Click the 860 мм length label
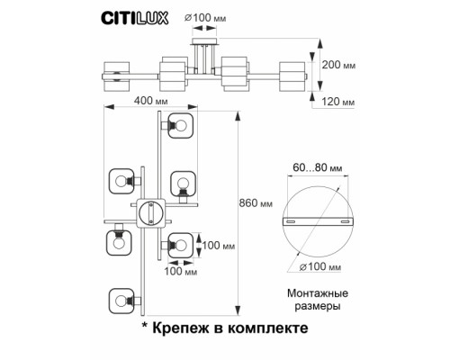click(257, 203)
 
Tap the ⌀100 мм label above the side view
click(206, 16)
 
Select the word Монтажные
click(315, 294)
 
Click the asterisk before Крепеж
click(144, 328)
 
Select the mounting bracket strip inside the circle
click(315, 221)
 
